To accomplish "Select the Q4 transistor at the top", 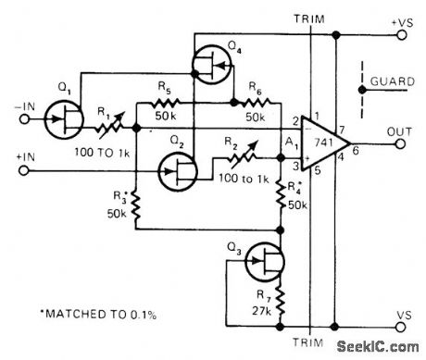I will pyautogui.click(x=206, y=64).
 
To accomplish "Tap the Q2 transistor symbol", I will pyautogui.click(x=175, y=169).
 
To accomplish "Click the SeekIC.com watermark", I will pyautogui.click(x=375, y=347).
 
